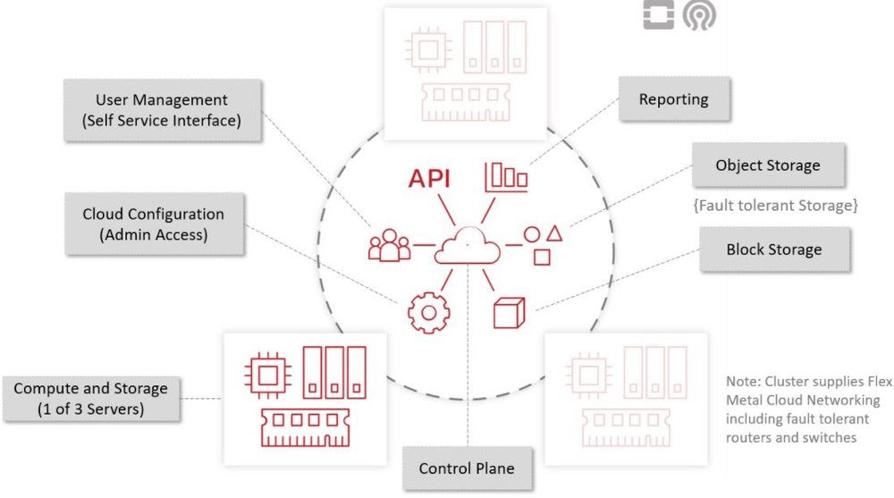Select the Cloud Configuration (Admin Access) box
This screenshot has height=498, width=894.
point(153,224)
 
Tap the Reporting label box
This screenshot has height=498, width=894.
point(673,99)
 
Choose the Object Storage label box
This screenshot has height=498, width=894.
point(767,165)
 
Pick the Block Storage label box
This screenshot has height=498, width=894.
point(773,249)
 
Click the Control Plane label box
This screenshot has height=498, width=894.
point(466,468)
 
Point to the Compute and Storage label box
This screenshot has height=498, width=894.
point(90,399)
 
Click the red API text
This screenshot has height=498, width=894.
point(429,178)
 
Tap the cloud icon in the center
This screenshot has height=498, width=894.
point(467,244)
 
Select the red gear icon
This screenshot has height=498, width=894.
point(428,311)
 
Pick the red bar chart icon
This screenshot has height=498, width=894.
point(506,176)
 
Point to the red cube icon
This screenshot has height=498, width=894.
point(507,312)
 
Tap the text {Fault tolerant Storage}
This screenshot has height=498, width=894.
point(774,206)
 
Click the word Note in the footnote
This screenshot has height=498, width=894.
point(741,382)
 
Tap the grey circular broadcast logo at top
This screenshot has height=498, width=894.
point(699,15)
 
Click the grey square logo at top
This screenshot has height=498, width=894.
point(659,15)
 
